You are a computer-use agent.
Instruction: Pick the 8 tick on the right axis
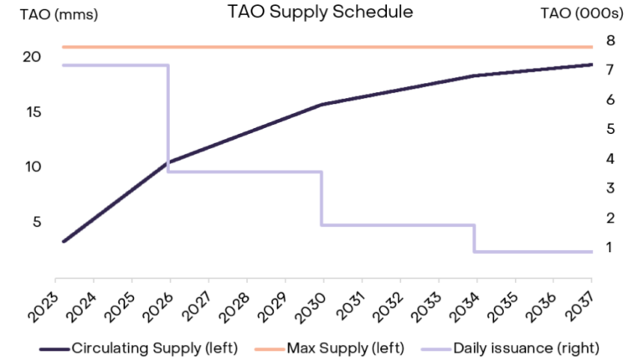coord(610,40)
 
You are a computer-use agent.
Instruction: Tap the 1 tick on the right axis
coord(610,247)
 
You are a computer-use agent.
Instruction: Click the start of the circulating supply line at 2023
coord(64,241)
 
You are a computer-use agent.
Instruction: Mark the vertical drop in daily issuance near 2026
coord(168,117)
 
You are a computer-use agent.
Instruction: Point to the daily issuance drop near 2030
coord(322,198)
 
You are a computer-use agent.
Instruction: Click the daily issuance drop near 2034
coord(475,238)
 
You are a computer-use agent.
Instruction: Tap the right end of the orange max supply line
coord(590,47)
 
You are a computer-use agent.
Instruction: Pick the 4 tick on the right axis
coord(610,158)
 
